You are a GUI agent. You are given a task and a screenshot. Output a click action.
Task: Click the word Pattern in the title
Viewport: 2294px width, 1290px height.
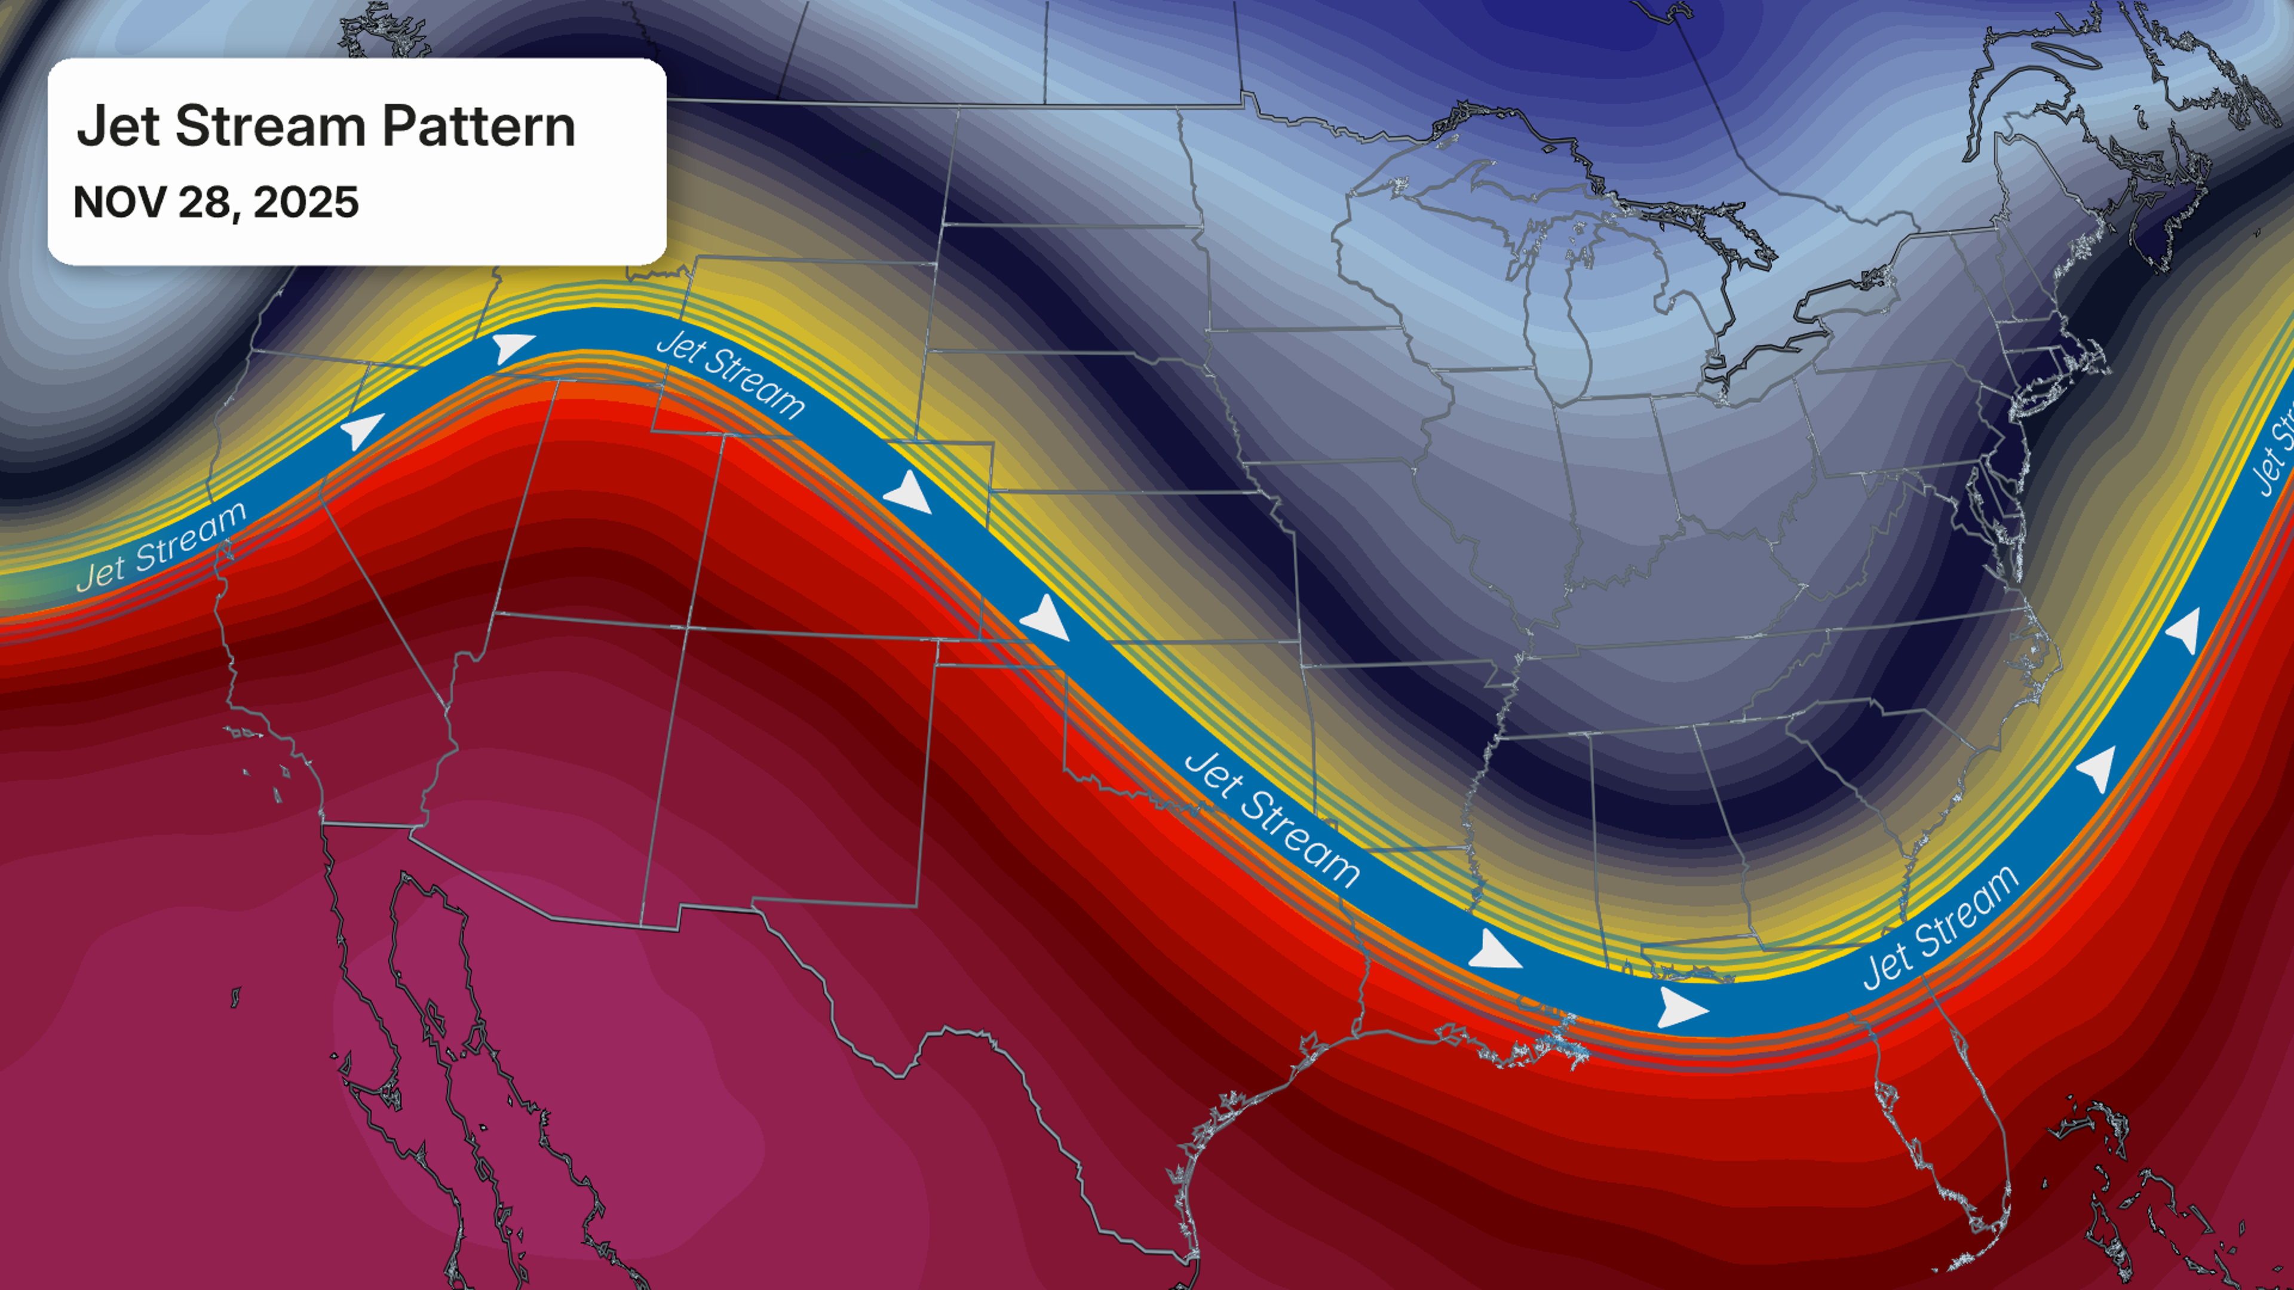(x=478, y=127)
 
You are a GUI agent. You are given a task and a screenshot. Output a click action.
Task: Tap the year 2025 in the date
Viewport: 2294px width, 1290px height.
(x=305, y=202)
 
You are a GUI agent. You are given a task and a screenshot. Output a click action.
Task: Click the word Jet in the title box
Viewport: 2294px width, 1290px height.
(x=118, y=127)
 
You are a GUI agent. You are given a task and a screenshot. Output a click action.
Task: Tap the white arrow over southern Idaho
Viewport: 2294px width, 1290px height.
(x=513, y=347)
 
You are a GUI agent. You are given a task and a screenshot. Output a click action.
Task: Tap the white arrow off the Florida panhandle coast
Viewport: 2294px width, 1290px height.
(x=1681, y=1009)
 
